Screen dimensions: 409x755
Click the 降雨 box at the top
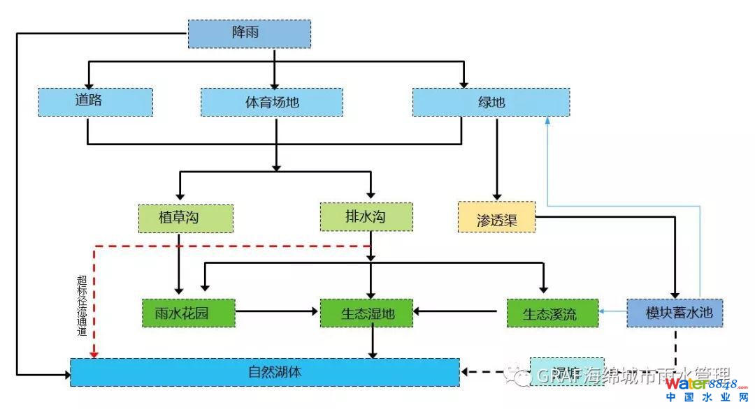(x=249, y=34)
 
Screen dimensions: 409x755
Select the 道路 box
(x=95, y=102)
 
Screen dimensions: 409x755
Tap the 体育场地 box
(x=272, y=102)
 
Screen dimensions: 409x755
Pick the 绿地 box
(x=491, y=102)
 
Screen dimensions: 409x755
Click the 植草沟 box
(x=185, y=218)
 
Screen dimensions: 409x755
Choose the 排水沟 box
(x=366, y=217)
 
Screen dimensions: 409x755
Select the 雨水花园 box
(x=189, y=313)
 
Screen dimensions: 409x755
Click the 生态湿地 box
(x=366, y=313)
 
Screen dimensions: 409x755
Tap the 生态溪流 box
(x=552, y=313)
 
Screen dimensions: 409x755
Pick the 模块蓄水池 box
(x=674, y=313)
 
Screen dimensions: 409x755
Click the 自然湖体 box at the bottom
(x=265, y=372)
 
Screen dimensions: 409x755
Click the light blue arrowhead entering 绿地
(x=547, y=121)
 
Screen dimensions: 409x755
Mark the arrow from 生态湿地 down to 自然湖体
(x=374, y=343)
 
